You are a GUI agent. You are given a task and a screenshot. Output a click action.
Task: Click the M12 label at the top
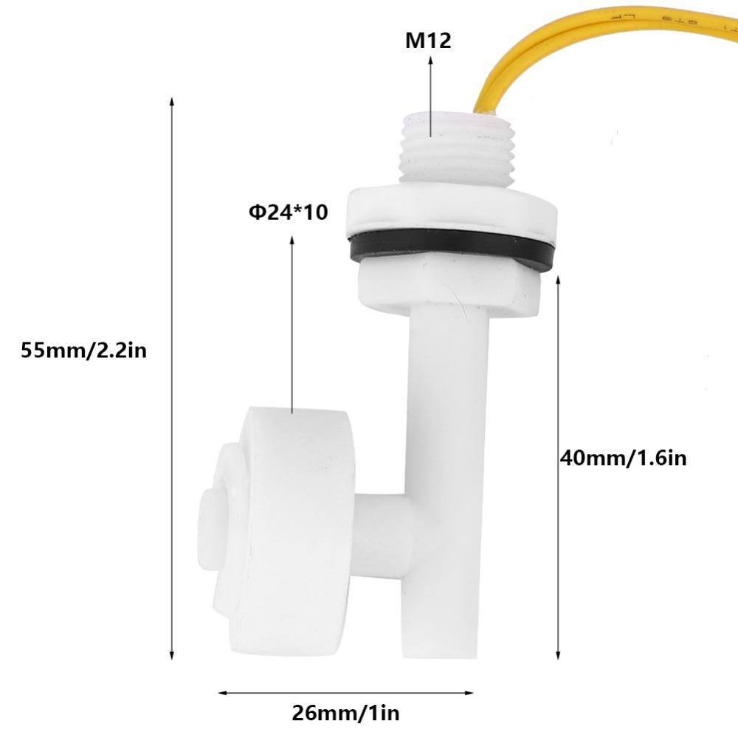click(428, 40)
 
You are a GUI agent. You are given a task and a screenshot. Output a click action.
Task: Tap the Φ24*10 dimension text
click(288, 214)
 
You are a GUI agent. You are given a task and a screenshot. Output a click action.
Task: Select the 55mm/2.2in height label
click(84, 350)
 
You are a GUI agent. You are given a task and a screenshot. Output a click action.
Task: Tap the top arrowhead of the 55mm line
click(172, 102)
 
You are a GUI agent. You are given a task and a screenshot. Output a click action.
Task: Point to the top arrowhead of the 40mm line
click(559, 279)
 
